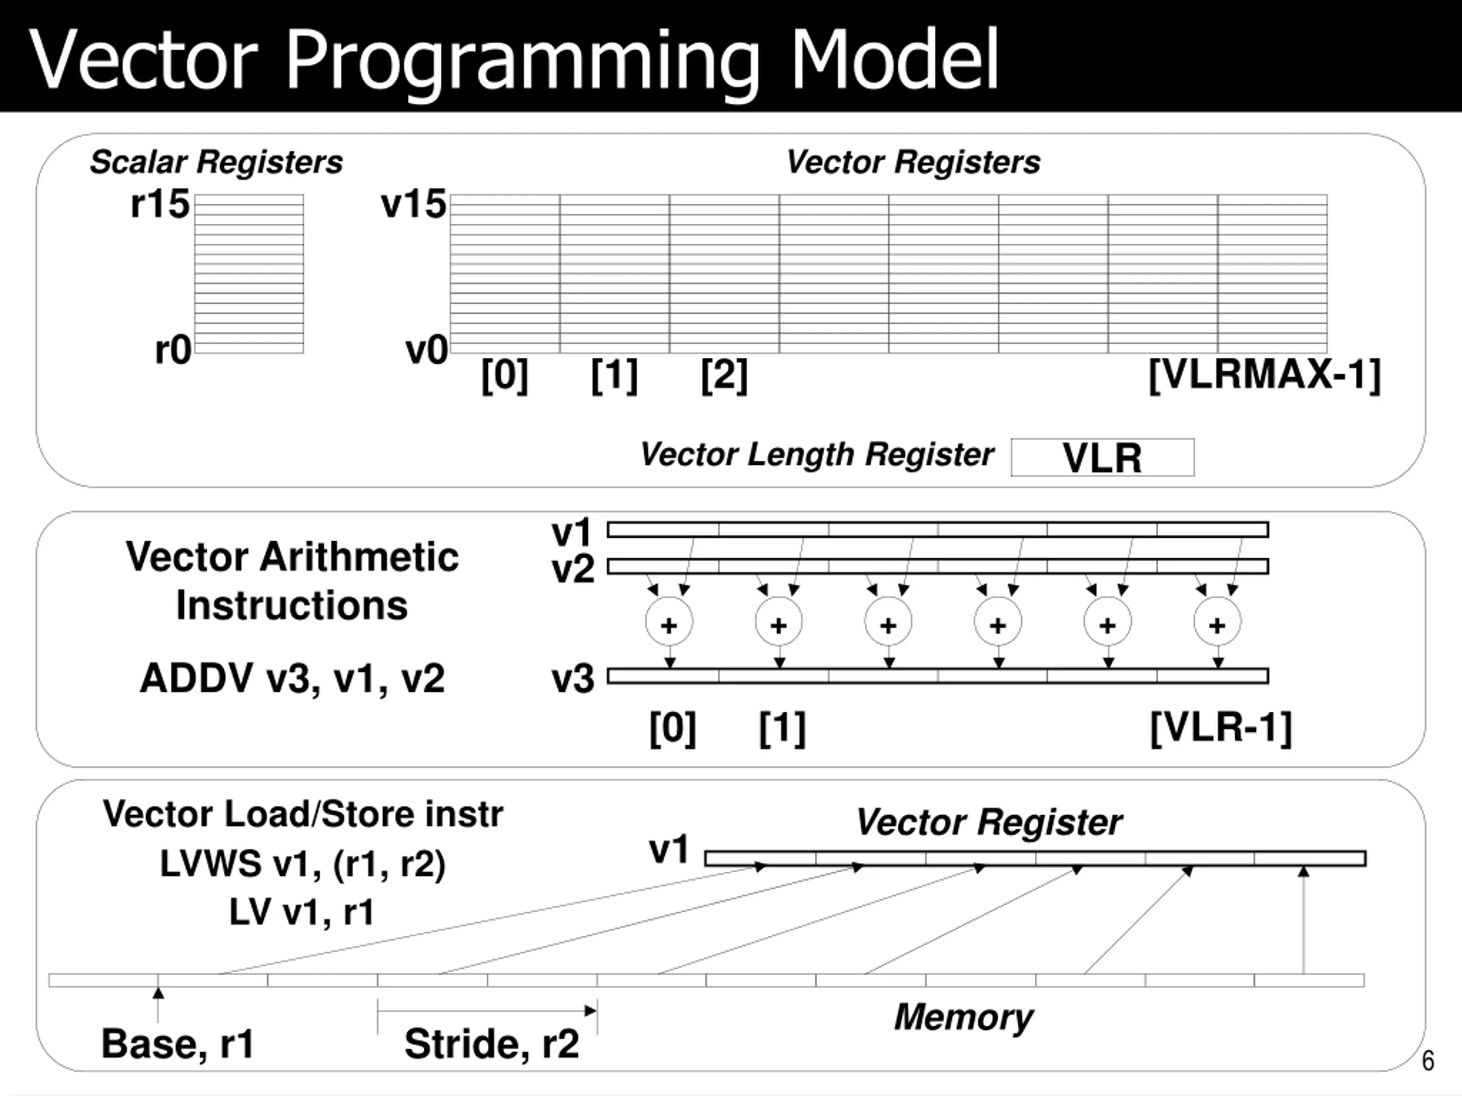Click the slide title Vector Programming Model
point(513,61)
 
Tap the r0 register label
point(173,350)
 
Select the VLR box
point(1102,457)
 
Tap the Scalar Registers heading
point(216,162)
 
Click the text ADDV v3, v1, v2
point(292,679)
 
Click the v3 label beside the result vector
point(573,679)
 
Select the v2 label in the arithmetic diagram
point(573,569)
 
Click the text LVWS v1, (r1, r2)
point(303,865)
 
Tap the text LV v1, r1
point(302,912)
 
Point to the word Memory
point(963,1017)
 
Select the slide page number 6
point(1428,1061)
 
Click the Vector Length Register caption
point(817,454)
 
